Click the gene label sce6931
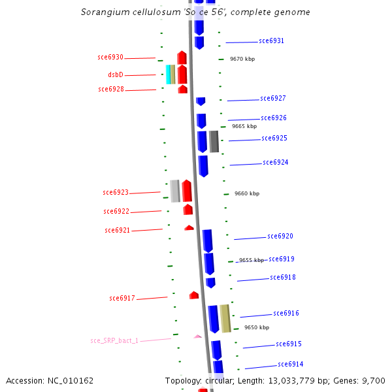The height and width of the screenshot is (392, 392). coord(271,41)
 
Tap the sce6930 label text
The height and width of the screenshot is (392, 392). coord(110,57)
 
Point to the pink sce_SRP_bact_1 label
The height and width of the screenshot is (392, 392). coord(114,341)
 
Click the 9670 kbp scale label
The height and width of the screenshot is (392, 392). coord(242,59)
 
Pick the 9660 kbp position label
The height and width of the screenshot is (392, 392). coord(246,193)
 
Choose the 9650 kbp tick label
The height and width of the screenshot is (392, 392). coord(256,327)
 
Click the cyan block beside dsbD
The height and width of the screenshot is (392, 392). coord(168,74)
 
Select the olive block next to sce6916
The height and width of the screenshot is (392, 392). coord(225,318)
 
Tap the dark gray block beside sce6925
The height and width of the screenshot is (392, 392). coord(214,141)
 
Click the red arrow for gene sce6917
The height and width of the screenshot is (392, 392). coord(194,295)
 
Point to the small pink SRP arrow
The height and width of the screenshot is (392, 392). coord(197,336)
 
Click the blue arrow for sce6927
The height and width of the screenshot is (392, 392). coord(201,101)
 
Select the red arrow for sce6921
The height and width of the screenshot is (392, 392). coord(189,228)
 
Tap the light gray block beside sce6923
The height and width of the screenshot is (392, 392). coord(174,190)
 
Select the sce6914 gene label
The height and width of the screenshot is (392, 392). coord(290,364)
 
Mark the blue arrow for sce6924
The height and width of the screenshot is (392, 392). coord(203,166)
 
